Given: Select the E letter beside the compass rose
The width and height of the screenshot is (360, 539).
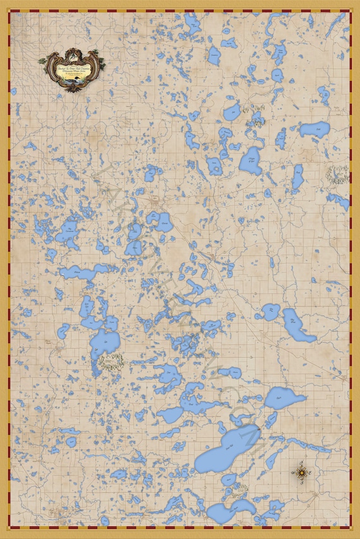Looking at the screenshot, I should (x=311, y=472).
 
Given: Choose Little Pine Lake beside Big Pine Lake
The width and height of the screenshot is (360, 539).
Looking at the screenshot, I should (x=270, y=312).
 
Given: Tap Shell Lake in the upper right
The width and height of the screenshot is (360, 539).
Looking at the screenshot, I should (x=315, y=130).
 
